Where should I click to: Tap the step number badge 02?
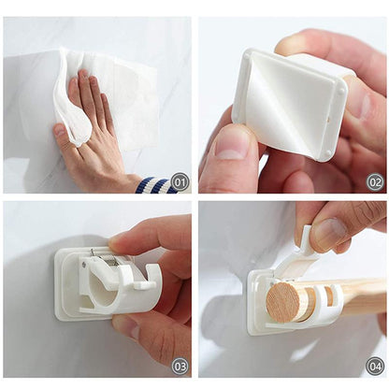pos(374,182)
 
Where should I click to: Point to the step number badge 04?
pos(374,365)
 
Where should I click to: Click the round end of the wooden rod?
pos(288,303)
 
